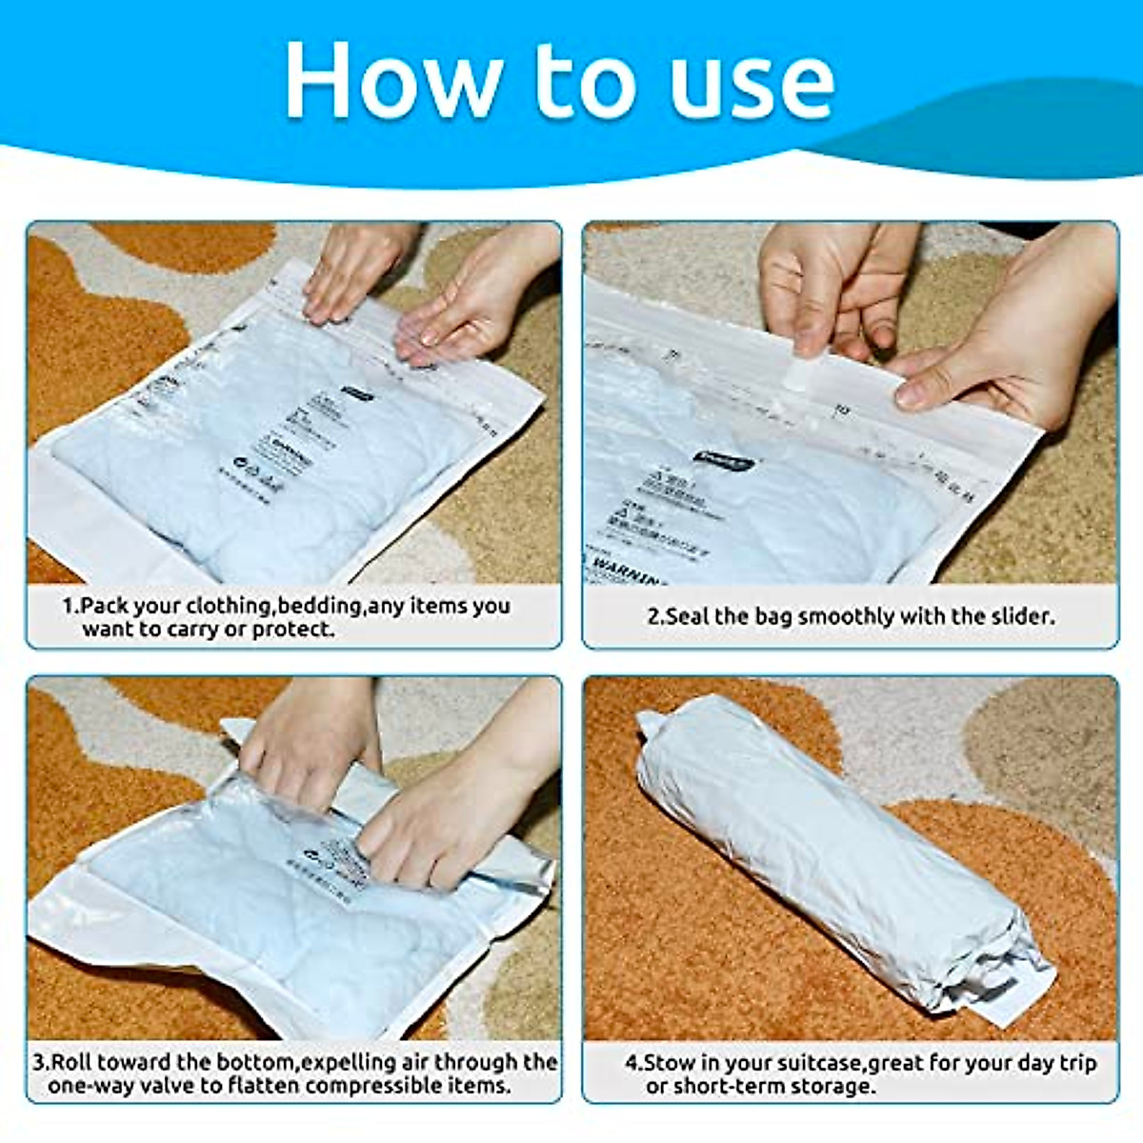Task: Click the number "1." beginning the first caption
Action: coord(70,606)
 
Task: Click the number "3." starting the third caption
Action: coord(40,1062)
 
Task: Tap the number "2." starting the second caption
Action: coord(655,616)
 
